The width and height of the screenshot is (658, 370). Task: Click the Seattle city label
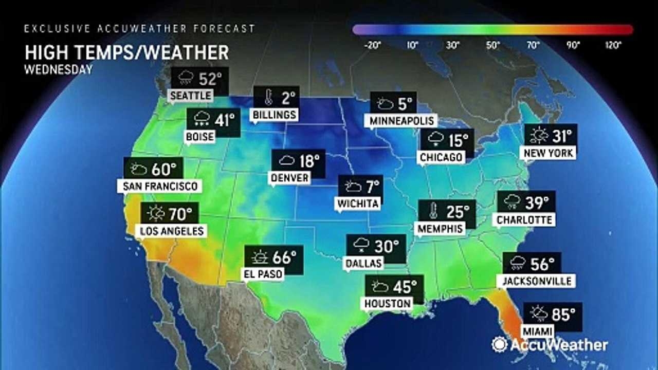[191, 96]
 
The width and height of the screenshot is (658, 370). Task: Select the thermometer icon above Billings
[268, 97]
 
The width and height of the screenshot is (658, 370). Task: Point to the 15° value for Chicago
[458, 139]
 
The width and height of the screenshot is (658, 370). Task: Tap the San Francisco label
[159, 186]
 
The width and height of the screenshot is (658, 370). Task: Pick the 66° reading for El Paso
[284, 257]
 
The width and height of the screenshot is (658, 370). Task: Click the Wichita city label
[358, 203]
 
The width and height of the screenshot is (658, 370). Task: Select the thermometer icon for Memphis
[433, 211]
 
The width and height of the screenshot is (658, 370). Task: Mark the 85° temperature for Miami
[563, 313]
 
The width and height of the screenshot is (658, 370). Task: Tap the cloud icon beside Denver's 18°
[286, 161]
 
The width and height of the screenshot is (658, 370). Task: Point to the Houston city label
[388, 303]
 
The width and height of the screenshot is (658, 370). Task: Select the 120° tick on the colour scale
[613, 45]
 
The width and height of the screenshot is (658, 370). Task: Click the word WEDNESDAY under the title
[58, 70]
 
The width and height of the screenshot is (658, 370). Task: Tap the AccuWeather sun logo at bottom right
[499, 344]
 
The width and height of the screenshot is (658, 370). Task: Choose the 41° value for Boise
[224, 120]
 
